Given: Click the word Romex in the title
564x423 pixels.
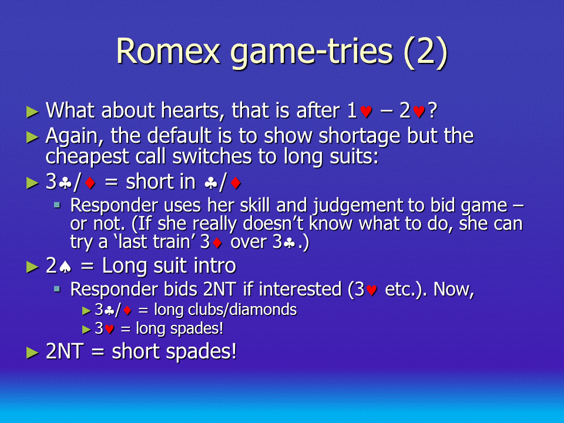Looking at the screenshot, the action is point(168,51).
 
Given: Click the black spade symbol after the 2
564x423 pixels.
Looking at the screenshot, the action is point(65,267).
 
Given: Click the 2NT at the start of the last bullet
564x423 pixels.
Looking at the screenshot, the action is point(65,351).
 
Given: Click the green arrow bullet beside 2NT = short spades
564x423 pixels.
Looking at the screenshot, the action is point(32,352).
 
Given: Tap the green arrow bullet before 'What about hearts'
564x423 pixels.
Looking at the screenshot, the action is point(32,112).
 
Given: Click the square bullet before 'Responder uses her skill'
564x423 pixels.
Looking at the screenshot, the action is point(57,205).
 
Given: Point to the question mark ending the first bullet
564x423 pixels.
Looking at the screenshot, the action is point(432,110).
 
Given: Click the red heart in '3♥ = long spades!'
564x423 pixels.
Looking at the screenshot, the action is point(109,329).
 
